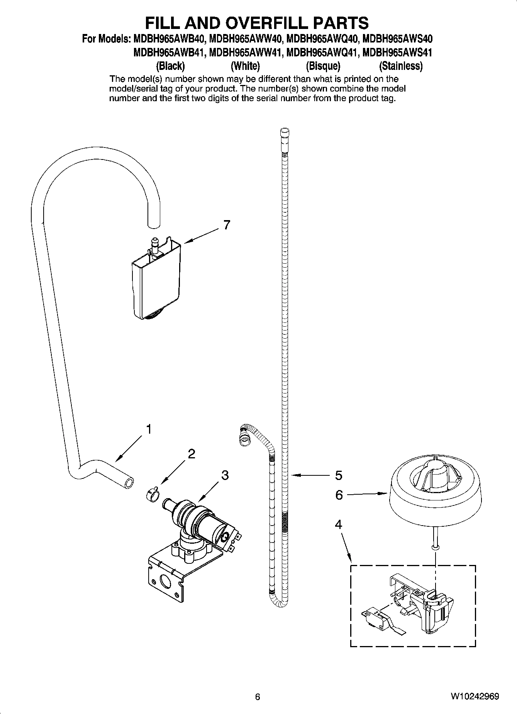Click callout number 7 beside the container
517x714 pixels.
tap(227, 225)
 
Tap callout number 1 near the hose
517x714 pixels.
tap(148, 429)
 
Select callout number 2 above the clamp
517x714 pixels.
tap(191, 454)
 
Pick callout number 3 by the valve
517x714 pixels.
tap(225, 475)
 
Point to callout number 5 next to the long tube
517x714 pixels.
tap(338, 475)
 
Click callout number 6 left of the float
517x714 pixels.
tap(339, 495)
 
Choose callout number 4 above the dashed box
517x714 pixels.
tap(338, 524)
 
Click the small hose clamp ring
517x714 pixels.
tap(152, 494)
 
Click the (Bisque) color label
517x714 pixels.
tap(323, 66)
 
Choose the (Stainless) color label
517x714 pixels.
tap(401, 66)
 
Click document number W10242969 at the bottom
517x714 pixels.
tap(474, 697)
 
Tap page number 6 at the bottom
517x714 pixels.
tap(258, 697)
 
